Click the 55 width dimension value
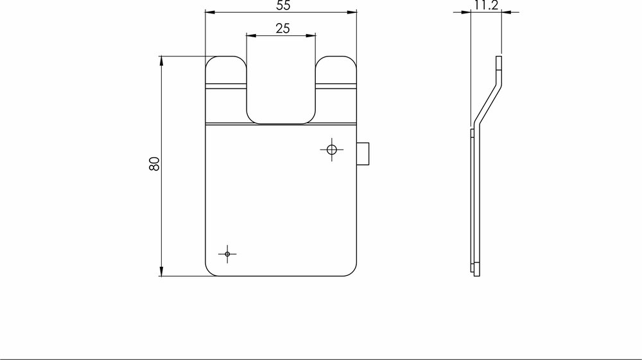[x=280, y=5]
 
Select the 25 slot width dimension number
[x=281, y=29]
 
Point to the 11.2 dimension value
[x=486, y=6]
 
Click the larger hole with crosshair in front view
[x=331, y=150]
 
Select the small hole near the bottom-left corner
[x=227, y=254]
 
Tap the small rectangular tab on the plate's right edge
[x=363, y=154]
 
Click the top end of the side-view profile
[x=499, y=59]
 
